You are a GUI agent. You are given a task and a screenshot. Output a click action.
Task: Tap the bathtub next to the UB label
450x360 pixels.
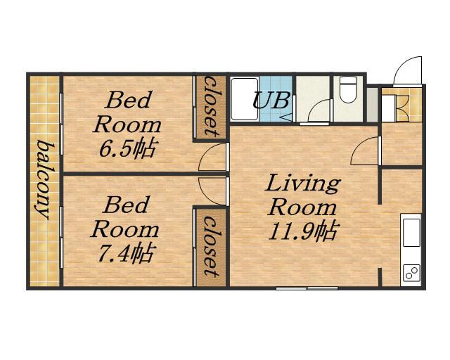pos(245,98)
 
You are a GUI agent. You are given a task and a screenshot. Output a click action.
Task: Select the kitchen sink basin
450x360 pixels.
pos(411,233)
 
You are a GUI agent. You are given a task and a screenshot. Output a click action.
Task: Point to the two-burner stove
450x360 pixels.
pos(411,273)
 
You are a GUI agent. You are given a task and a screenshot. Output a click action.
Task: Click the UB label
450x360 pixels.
pos(271,101)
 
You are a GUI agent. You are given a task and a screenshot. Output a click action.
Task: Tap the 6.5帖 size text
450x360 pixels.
pos(127,148)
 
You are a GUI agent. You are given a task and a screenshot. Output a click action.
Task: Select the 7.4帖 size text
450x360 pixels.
pos(125,253)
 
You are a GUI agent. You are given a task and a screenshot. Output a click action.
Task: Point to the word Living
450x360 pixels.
pos(303,184)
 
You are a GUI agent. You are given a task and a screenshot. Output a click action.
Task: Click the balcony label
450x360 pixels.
pos(44,179)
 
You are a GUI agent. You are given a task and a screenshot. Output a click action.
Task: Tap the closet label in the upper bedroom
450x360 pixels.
pos(211,106)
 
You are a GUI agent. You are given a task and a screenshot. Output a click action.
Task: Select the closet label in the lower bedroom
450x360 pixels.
pos(211,247)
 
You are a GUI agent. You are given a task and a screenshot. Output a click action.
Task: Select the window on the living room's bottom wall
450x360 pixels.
pos(307,288)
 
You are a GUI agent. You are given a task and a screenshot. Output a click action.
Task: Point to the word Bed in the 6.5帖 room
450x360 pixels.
pos(128,100)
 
